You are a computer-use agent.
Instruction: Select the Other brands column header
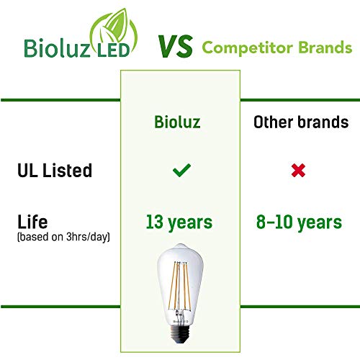300,122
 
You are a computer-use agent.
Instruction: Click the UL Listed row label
55,171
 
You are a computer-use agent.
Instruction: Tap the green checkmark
181,171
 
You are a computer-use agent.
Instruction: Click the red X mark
298,171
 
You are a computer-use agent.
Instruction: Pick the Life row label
33,221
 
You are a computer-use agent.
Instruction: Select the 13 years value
179,222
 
